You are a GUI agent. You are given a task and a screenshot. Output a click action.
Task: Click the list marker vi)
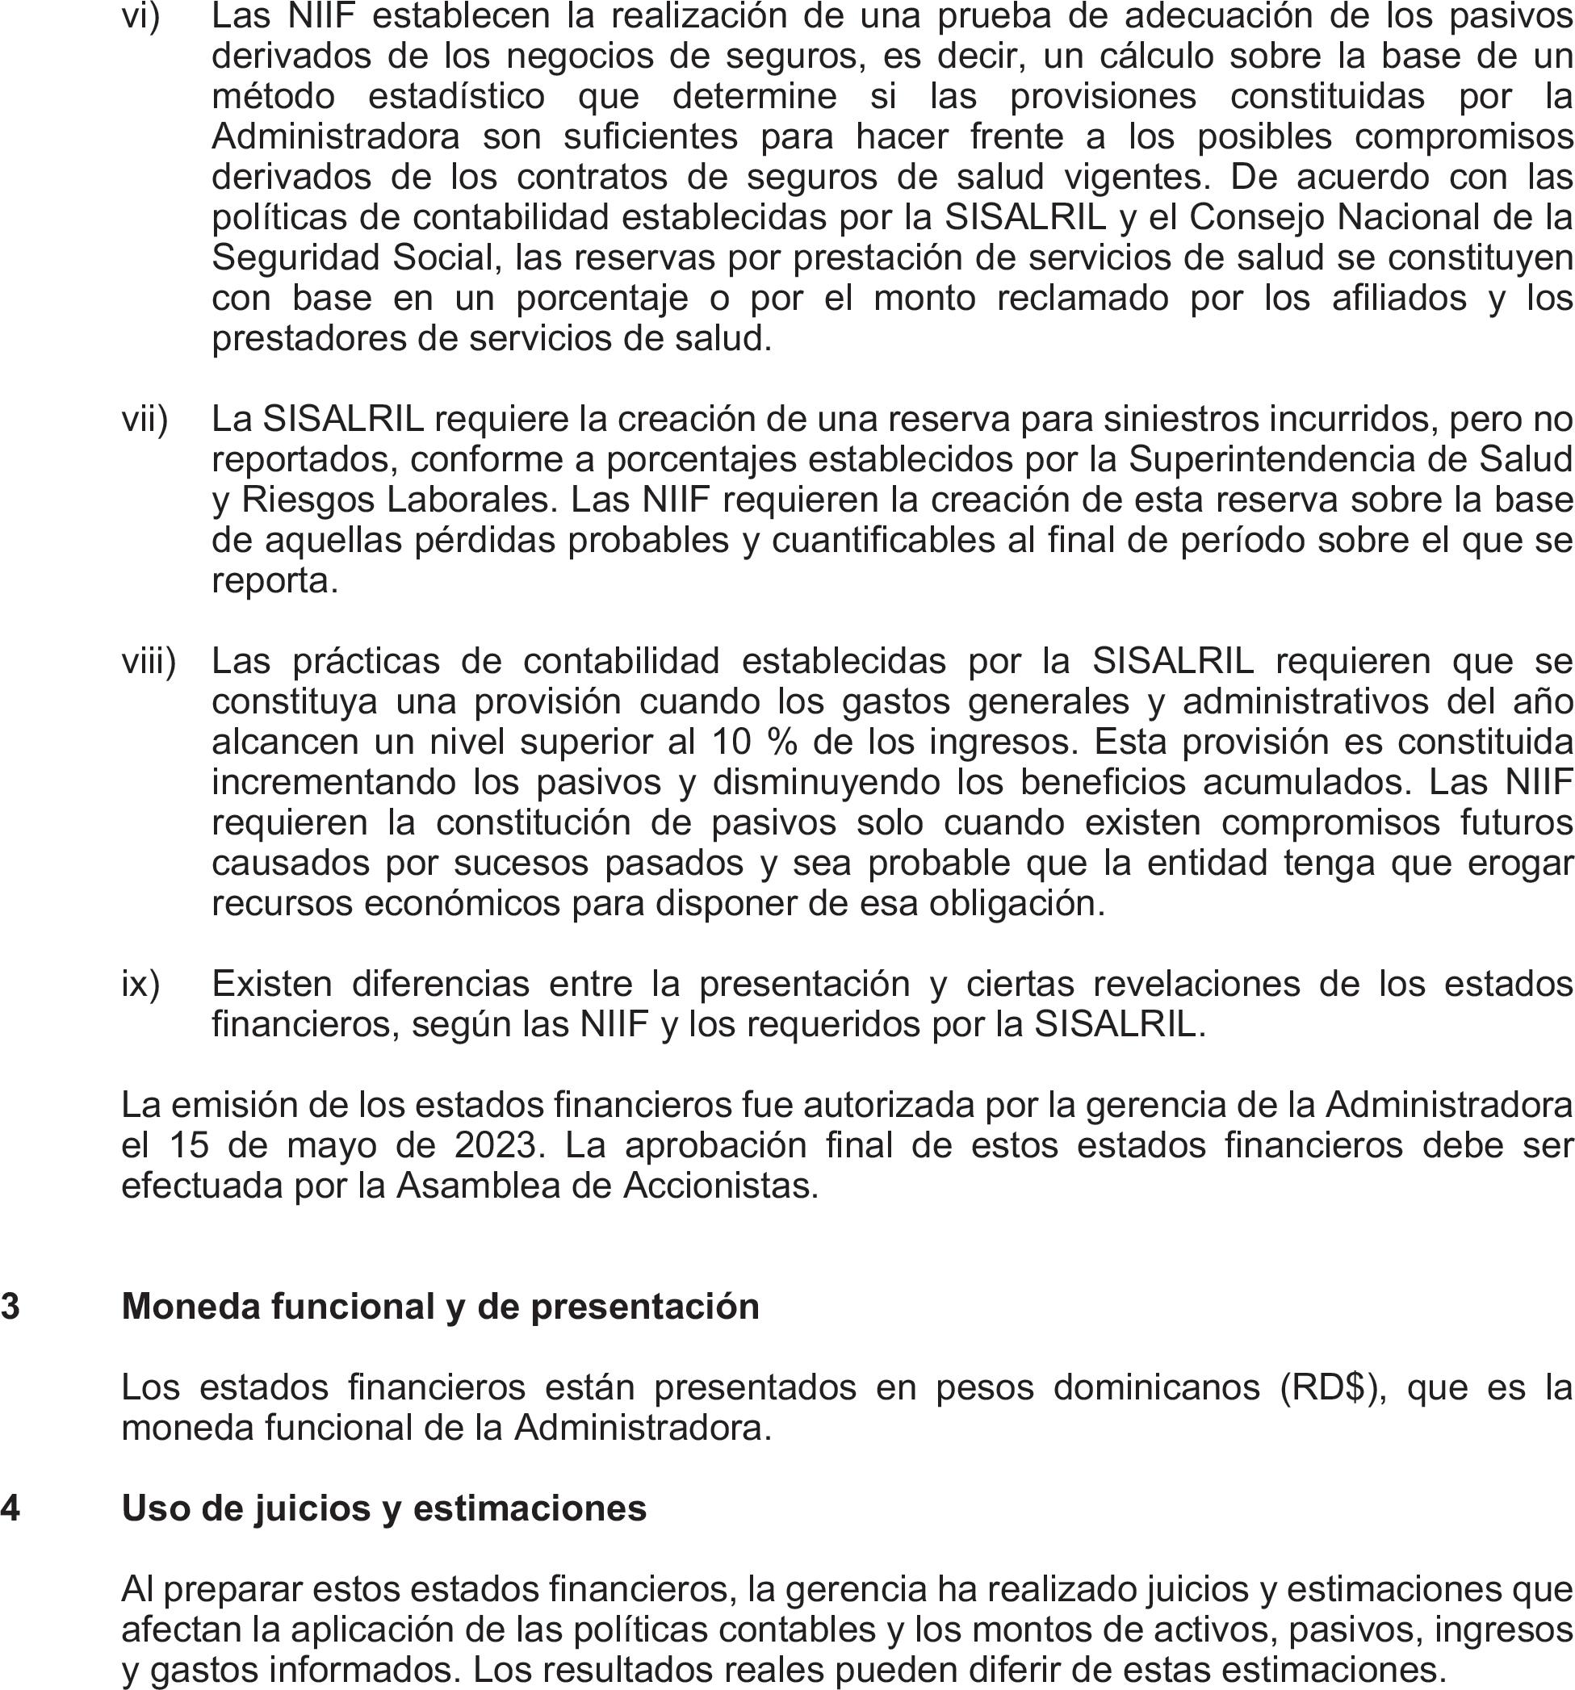tap(140, 16)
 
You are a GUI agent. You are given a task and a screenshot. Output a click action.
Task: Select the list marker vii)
tap(145, 419)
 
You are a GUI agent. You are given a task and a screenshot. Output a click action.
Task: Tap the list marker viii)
tap(148, 661)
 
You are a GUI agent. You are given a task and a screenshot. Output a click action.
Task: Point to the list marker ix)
tap(140, 984)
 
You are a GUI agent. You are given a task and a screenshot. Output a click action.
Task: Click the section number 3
tap(10, 1306)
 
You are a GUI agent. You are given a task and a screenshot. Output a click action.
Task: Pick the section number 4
tap(10, 1508)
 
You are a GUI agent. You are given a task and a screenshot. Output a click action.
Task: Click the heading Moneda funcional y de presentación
tap(441, 1306)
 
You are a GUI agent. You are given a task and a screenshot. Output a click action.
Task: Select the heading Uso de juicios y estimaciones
tap(383, 1508)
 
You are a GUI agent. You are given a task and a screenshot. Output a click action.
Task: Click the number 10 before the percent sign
tap(731, 743)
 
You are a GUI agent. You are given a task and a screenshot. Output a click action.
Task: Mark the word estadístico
tap(456, 97)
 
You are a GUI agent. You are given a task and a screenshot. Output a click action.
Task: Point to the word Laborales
tap(468, 500)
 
